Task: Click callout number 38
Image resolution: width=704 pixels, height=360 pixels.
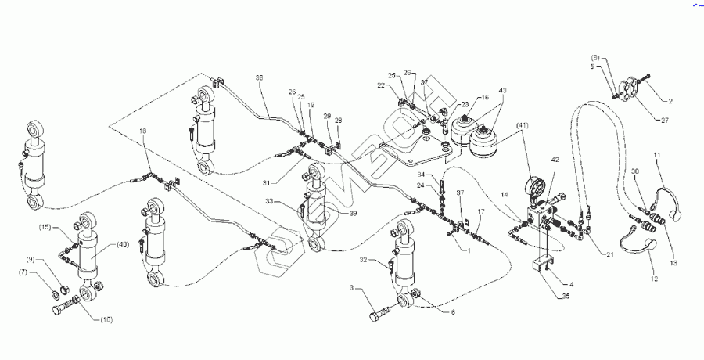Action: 260,77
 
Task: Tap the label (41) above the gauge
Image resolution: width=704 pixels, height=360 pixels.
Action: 522,124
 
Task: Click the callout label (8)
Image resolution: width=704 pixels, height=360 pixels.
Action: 595,58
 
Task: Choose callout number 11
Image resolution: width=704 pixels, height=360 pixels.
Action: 658,156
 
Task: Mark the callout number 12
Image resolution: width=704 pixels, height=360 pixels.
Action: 655,278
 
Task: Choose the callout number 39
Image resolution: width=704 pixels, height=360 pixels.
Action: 353,213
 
